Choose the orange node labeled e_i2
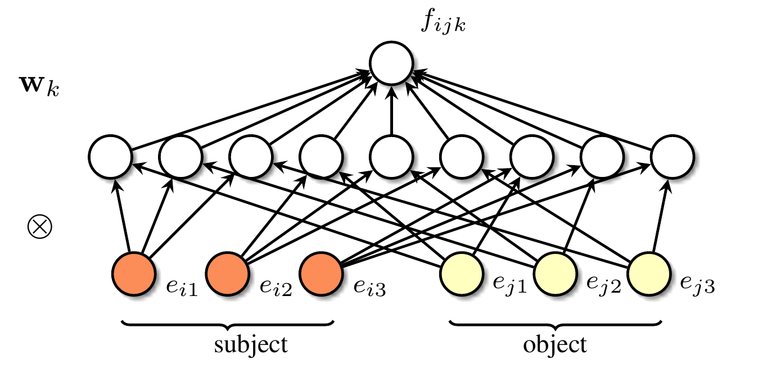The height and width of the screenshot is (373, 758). [x=228, y=274]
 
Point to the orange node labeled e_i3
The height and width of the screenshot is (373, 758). [x=321, y=274]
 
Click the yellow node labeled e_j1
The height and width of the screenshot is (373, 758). [x=463, y=274]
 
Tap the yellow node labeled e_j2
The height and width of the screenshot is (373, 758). [x=556, y=274]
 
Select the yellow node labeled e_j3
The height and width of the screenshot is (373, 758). [x=649, y=274]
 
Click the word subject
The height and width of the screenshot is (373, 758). [x=251, y=344]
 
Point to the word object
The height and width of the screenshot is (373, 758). [x=555, y=344]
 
